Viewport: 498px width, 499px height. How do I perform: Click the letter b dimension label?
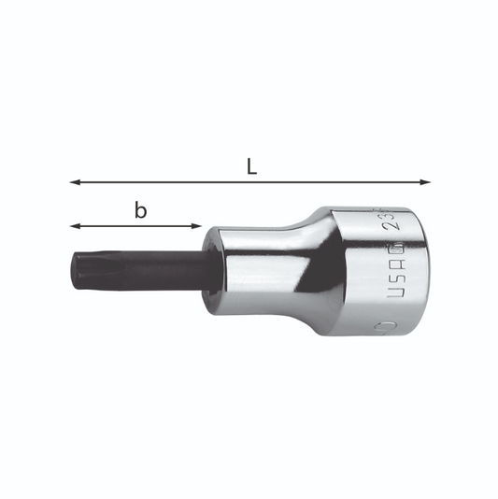click(140, 210)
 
